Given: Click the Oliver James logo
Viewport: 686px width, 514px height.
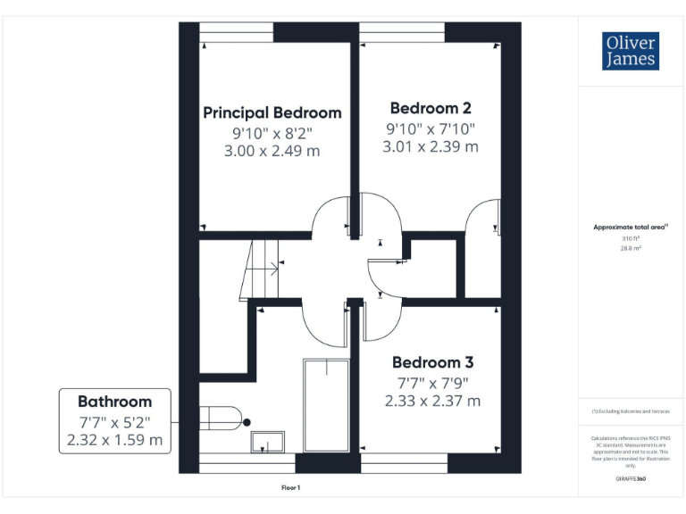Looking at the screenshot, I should coord(631,51).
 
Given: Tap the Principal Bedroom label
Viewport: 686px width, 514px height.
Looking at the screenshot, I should coord(272,113).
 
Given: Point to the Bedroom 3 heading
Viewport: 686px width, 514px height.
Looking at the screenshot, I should coord(432,362).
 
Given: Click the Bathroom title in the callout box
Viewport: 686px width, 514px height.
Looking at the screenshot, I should coord(114,402).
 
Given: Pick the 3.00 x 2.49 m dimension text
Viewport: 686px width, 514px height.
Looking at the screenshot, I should coord(272,152).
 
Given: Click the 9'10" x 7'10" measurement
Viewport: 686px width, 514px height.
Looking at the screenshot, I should coord(431,128).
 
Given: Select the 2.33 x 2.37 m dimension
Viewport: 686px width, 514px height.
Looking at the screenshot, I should coord(432,402).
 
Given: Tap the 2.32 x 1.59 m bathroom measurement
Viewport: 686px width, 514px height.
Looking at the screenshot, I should coord(114,440).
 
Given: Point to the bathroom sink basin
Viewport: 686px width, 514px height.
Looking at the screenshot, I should coord(267,441).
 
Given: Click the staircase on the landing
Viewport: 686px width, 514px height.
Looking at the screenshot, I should coord(262,269).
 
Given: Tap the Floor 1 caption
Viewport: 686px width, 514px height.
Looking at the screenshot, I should coord(291,488).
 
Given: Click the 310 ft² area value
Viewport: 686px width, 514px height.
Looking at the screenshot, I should coord(631,238).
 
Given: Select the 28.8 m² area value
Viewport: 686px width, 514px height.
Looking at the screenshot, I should coord(631,248).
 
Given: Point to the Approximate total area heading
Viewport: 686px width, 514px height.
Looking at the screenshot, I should coord(631,228).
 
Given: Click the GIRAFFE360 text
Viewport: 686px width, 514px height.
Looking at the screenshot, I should coord(631,479).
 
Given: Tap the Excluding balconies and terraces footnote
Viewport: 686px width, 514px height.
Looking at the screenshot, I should coord(631,411).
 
